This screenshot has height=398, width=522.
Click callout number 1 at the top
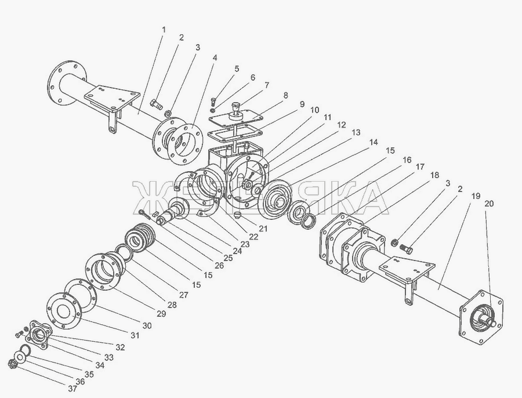coord(163,30)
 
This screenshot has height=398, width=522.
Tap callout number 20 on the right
coord(489,204)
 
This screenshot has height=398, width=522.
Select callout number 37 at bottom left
coord(72,388)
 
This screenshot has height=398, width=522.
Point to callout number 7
coord(266,85)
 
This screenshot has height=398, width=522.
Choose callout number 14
coord(373,142)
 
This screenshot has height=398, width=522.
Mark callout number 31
coord(135,335)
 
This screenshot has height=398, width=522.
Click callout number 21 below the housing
coord(263,229)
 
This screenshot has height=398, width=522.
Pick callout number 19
coord(476,196)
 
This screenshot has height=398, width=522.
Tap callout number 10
coord(314,110)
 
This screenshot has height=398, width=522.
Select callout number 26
coord(219,266)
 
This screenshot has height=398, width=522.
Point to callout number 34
coord(99,366)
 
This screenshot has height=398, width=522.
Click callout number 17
coord(419,167)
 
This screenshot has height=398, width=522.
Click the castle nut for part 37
coord(12,364)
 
